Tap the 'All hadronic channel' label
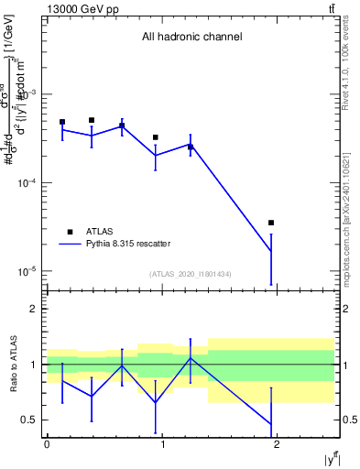pos(191,38)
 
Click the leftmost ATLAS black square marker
pos(62,122)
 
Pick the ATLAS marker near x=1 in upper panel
pos(156,137)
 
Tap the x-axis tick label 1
pos(163,444)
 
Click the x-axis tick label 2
pos(278,444)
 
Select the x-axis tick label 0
pos(47,444)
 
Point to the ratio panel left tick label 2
pos(33,310)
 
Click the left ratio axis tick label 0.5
pos(29,420)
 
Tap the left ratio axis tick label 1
pos(33,365)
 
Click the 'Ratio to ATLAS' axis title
pos(14,364)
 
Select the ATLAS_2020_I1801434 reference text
pos(191,274)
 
